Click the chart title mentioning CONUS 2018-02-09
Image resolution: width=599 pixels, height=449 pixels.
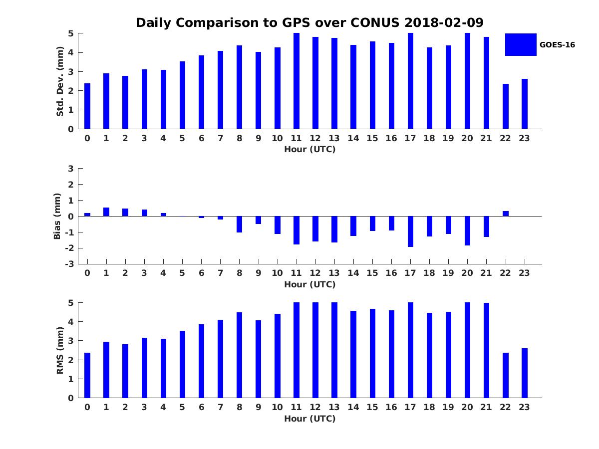(x=309, y=23)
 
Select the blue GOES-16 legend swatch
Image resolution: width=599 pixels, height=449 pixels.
(x=521, y=44)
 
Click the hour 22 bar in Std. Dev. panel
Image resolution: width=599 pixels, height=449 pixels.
(x=506, y=106)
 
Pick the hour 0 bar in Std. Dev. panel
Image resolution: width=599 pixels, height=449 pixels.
(x=87, y=106)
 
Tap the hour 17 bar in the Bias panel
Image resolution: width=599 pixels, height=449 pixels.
(x=410, y=231)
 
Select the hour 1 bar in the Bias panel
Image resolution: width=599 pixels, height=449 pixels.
(x=106, y=212)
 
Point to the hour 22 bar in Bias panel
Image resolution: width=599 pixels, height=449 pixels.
(x=506, y=214)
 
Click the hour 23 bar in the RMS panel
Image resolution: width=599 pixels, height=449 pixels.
(x=525, y=373)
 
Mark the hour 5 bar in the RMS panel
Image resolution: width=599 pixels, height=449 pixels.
(x=182, y=364)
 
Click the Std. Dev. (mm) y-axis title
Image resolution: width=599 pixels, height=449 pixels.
(x=60, y=81)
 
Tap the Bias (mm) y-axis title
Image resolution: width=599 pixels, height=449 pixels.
(x=57, y=216)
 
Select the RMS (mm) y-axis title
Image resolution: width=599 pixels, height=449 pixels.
(x=60, y=350)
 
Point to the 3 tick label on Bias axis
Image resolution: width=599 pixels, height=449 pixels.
(x=71, y=169)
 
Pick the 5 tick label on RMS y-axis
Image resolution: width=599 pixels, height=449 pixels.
(x=71, y=303)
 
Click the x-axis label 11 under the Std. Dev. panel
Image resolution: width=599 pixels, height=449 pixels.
(x=296, y=139)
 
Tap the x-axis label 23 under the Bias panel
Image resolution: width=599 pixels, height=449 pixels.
(x=524, y=273)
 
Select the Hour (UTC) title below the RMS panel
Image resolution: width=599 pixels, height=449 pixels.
(x=309, y=419)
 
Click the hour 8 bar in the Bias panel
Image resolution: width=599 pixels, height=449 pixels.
(x=240, y=224)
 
